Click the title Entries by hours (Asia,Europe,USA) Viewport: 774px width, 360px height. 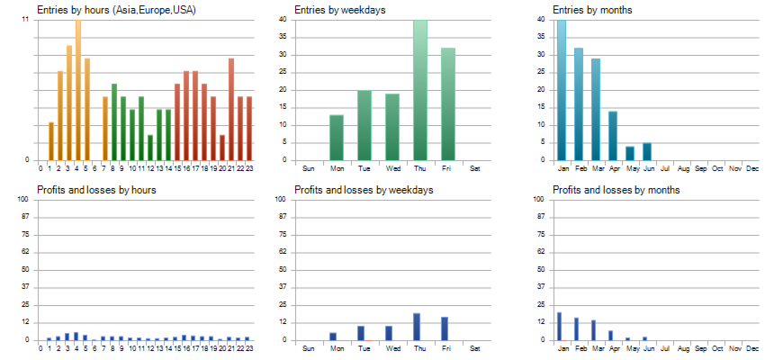click(116, 10)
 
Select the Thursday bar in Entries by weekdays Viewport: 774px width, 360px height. click(420, 90)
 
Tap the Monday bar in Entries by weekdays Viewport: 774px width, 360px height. click(337, 138)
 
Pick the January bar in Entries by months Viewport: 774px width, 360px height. click(562, 90)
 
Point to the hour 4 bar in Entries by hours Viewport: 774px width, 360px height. click(77, 90)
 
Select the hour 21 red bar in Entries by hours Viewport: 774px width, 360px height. click(231, 109)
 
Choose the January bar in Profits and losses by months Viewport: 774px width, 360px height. click(560, 327)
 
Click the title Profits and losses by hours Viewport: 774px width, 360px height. click(96, 190)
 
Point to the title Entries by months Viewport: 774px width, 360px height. click(591, 10)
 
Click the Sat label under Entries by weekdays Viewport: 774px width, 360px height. click(474, 168)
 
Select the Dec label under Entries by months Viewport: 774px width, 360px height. click(752, 168)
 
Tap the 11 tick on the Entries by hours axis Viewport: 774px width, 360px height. click(25, 19)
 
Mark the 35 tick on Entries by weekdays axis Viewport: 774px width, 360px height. click(283, 37)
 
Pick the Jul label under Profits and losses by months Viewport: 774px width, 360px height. click(664, 348)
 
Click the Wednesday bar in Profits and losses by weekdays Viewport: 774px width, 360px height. click(388, 333)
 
